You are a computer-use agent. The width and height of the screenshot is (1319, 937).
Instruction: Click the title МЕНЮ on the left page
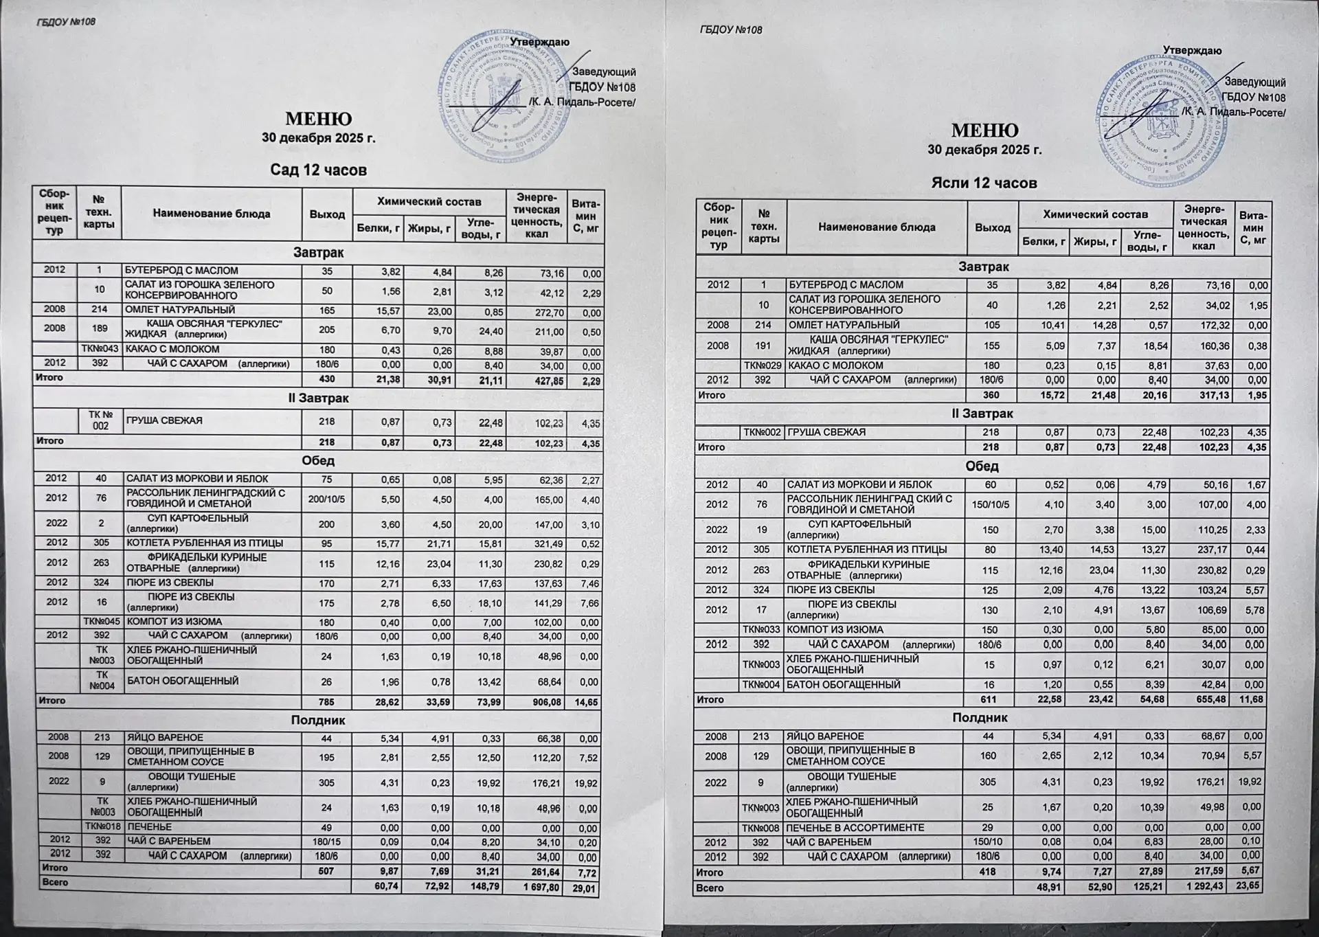coord(318,119)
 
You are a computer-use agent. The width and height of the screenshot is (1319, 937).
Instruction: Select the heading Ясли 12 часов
coord(984,183)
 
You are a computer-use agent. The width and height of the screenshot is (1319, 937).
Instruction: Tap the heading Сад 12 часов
coord(318,170)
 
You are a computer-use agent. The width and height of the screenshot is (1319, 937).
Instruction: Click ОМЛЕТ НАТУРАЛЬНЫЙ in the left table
coord(180,311)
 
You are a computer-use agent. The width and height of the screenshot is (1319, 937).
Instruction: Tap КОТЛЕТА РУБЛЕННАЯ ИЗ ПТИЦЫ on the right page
coord(866,550)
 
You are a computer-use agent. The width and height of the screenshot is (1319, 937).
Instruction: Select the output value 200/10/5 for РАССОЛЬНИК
coord(326,499)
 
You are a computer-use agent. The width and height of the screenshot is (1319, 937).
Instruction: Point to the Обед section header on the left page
coord(318,460)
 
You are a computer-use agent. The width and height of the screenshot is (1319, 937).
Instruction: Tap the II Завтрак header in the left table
coord(318,398)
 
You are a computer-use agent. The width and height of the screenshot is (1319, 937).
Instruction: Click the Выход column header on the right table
coord(993,227)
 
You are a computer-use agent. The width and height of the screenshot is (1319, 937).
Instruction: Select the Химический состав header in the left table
coord(429,201)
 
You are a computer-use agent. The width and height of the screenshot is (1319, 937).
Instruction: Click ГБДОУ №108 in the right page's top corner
coord(730,30)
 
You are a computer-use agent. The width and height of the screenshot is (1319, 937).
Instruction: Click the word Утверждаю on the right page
coord(1192,51)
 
